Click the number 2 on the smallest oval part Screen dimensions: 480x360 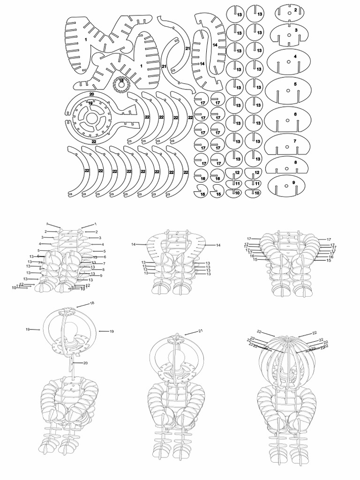(x=295, y=9)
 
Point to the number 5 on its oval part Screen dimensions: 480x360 (x=295, y=84)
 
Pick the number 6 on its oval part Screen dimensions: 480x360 (x=295, y=114)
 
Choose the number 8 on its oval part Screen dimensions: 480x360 (x=295, y=162)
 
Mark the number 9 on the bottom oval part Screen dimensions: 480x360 (x=293, y=182)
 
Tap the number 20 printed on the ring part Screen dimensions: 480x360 (x=92, y=95)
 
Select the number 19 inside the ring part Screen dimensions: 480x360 (x=90, y=103)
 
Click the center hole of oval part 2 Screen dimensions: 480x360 (x=290, y=13)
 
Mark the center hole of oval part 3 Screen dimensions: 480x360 (x=290, y=34)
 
